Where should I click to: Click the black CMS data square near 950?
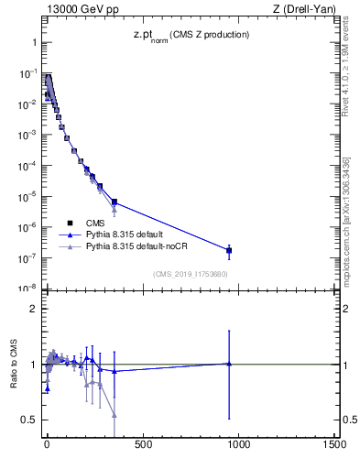coord(229,250)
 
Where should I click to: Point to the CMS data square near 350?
coord(115,202)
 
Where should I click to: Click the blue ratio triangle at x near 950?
coord(229,364)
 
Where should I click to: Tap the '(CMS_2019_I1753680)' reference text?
coord(190,273)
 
